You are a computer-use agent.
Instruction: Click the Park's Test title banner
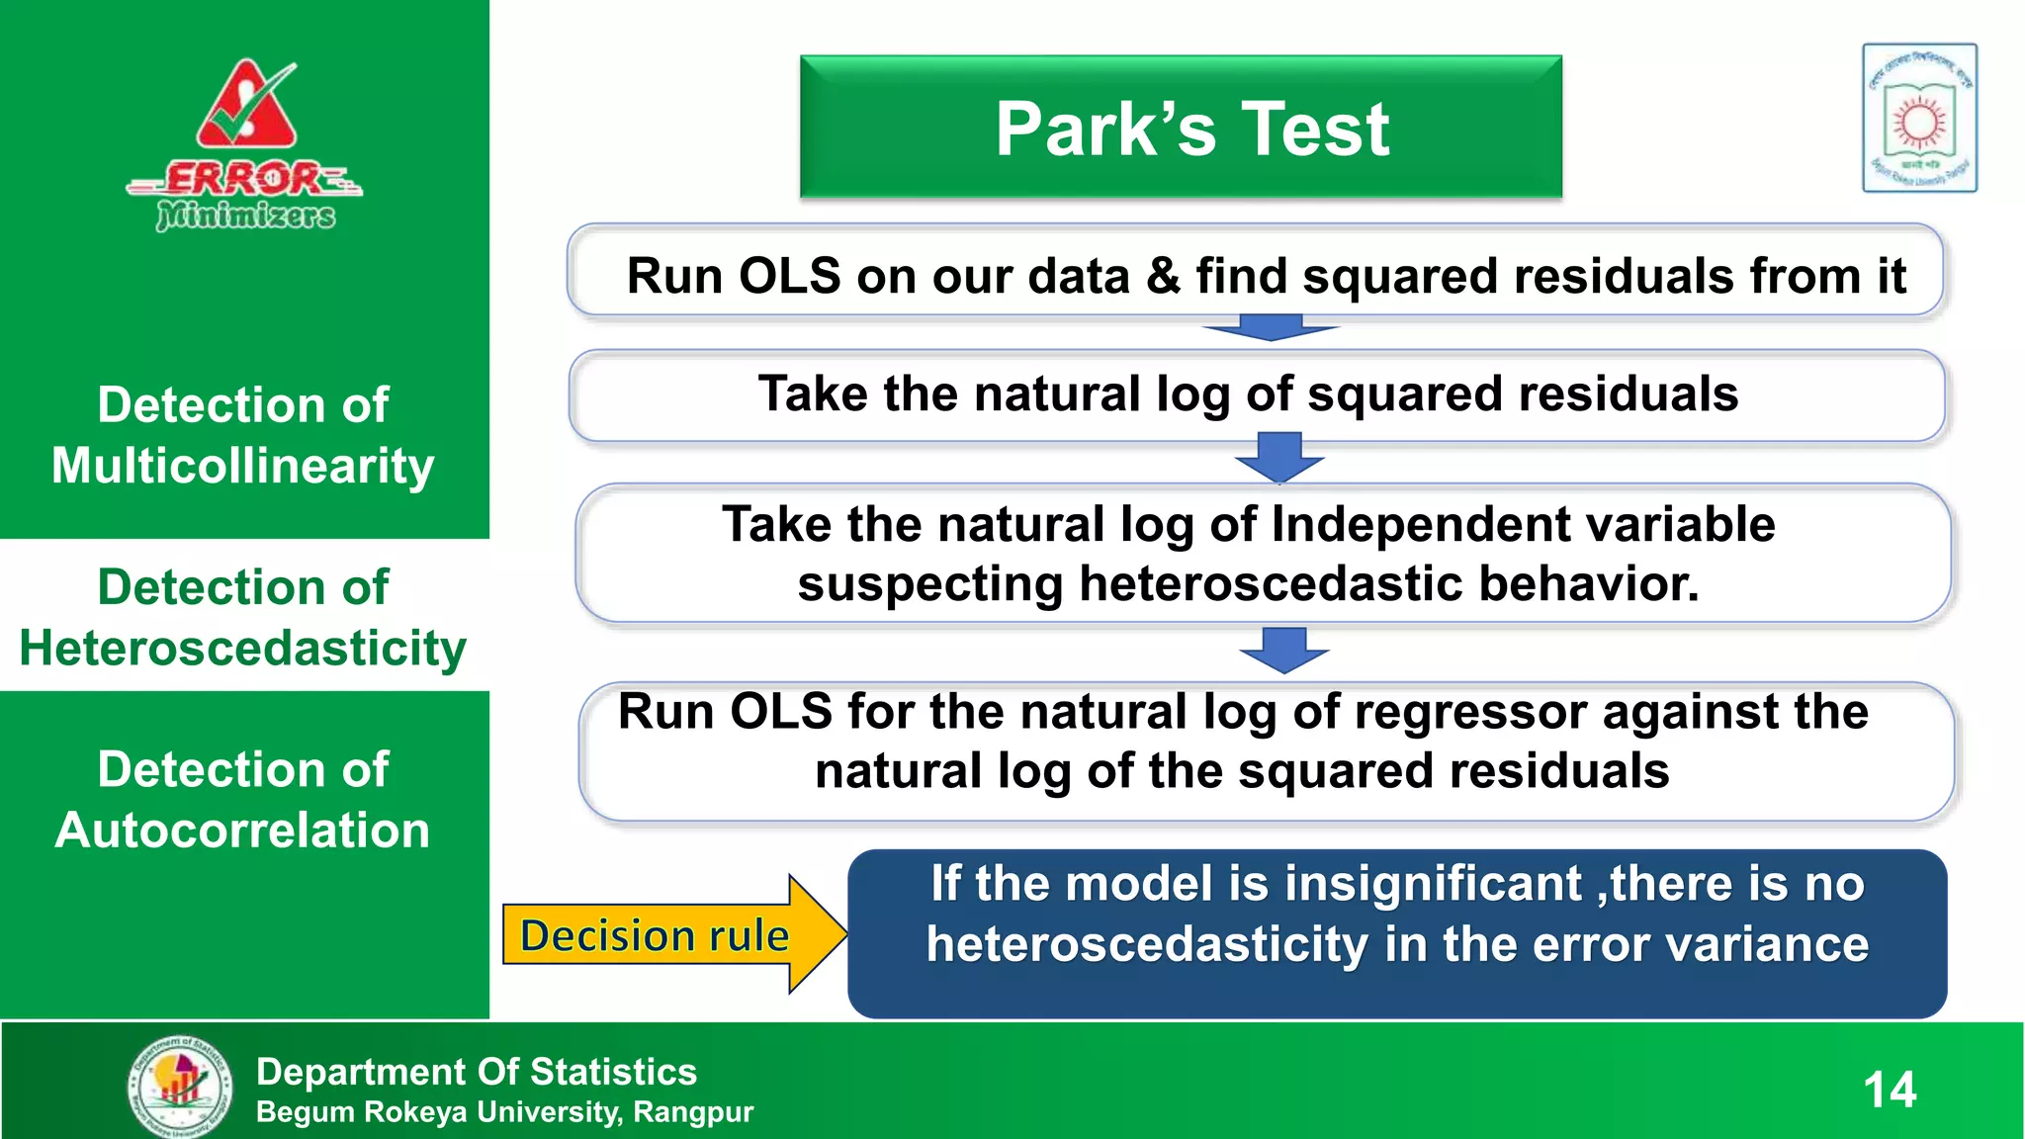point(1181,128)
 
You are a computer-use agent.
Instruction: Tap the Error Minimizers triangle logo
point(246,107)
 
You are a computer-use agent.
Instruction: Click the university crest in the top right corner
point(1919,118)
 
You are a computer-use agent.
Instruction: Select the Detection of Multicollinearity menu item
point(243,435)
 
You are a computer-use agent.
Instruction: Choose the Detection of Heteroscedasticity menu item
point(243,617)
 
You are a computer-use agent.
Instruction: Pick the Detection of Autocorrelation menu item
point(243,799)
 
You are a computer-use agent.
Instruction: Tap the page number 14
point(1890,1090)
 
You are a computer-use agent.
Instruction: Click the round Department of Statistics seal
point(181,1085)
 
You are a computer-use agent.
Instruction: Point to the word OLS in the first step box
point(789,276)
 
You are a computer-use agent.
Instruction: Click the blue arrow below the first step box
point(1271,328)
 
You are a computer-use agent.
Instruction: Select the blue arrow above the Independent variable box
point(1279,457)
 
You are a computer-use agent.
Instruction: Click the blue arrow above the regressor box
point(1283,651)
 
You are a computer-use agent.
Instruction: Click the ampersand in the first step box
point(1164,276)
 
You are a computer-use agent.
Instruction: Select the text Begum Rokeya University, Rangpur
point(504,1112)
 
